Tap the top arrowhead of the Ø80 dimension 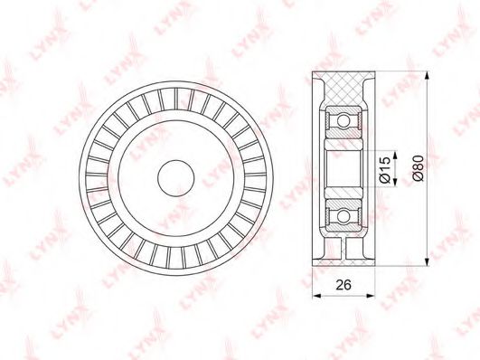tap(426, 75)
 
